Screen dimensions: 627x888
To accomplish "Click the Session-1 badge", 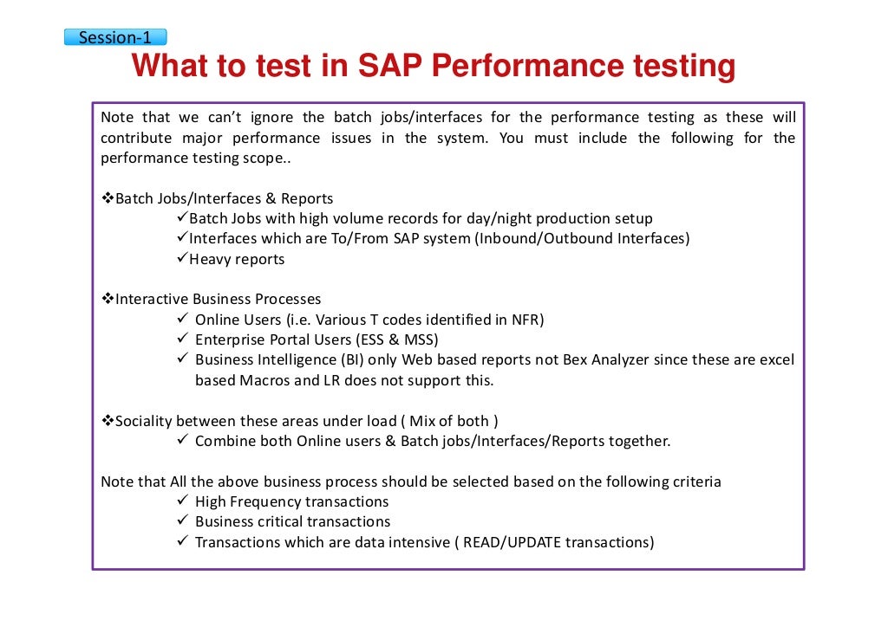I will coord(114,37).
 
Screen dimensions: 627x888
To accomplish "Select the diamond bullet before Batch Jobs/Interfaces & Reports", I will coord(108,198).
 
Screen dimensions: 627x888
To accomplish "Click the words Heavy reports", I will coord(237,259).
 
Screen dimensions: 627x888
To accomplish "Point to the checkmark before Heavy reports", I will coord(181,258).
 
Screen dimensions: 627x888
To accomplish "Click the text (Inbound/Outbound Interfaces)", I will coord(582,238).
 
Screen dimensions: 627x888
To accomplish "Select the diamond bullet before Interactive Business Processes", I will coord(108,299).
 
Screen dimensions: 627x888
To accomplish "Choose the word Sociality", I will coord(143,421).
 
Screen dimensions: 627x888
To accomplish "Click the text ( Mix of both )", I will coord(449,421).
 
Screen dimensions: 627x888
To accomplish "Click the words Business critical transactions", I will coord(292,521).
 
